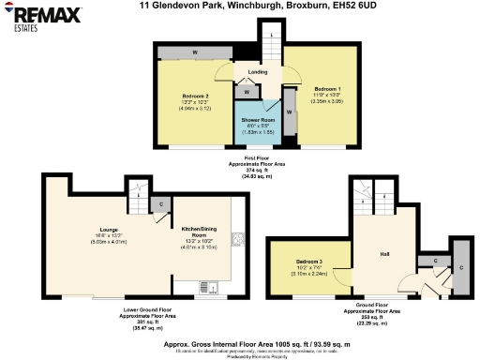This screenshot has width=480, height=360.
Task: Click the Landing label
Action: tap(257, 71)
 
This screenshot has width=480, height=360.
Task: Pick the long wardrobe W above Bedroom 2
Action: tap(197, 52)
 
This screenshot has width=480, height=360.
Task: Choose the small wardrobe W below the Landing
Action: tap(246, 92)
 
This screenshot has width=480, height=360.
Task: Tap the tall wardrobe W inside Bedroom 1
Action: tap(290, 112)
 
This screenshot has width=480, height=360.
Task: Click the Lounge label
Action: tap(108, 228)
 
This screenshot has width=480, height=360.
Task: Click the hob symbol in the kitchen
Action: tap(238, 238)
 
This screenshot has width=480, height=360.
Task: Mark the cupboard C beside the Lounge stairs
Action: tap(161, 203)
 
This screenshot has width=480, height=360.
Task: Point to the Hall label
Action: tap(384, 254)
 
